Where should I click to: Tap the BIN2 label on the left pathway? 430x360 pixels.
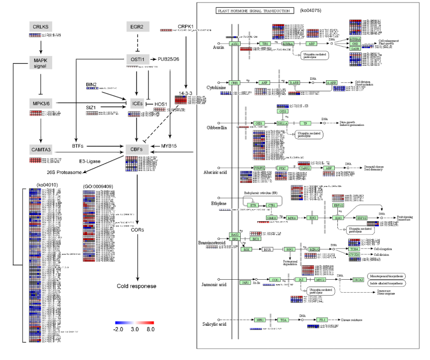92,83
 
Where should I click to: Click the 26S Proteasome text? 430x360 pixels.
65,172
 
